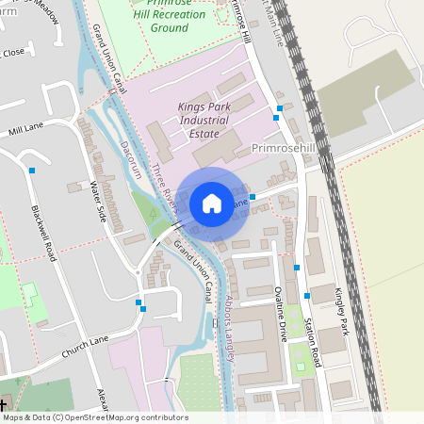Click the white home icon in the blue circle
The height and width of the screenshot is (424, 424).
tap(212, 203)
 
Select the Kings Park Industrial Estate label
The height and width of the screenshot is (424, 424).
tap(204, 121)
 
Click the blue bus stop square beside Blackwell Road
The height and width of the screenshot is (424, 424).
tap(33, 171)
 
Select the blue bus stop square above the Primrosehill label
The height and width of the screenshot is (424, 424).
tap(277, 119)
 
